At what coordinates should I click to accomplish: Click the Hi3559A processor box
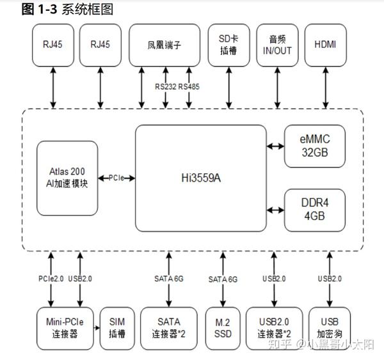200,177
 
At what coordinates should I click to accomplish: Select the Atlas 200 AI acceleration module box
68,178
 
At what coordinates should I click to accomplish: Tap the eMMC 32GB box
315,146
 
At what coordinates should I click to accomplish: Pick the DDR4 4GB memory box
315,209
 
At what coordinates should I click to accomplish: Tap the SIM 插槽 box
117,328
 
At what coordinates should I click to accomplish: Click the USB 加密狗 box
330,328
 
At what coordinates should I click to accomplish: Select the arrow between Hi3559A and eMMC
275,146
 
